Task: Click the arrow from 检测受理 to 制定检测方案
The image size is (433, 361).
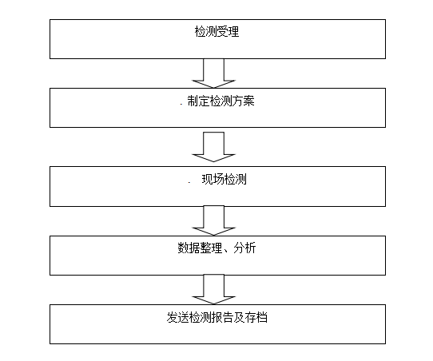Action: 213,73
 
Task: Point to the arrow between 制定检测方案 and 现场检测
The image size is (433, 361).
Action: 213,147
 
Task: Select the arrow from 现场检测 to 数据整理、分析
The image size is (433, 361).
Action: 213,220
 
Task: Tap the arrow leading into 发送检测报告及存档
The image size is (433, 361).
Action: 213,289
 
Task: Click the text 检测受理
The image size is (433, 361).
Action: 216,31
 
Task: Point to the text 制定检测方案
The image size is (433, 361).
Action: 220,101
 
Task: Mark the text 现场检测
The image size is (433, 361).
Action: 224,180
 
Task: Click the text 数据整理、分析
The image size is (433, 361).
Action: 216,248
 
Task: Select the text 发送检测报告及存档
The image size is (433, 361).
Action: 217,317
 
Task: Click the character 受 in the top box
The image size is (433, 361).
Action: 222,31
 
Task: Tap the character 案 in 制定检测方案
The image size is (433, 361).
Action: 248,101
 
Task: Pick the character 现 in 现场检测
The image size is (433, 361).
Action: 207,180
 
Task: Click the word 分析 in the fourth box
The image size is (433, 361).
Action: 244,248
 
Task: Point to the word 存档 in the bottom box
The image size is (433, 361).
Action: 256,317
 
